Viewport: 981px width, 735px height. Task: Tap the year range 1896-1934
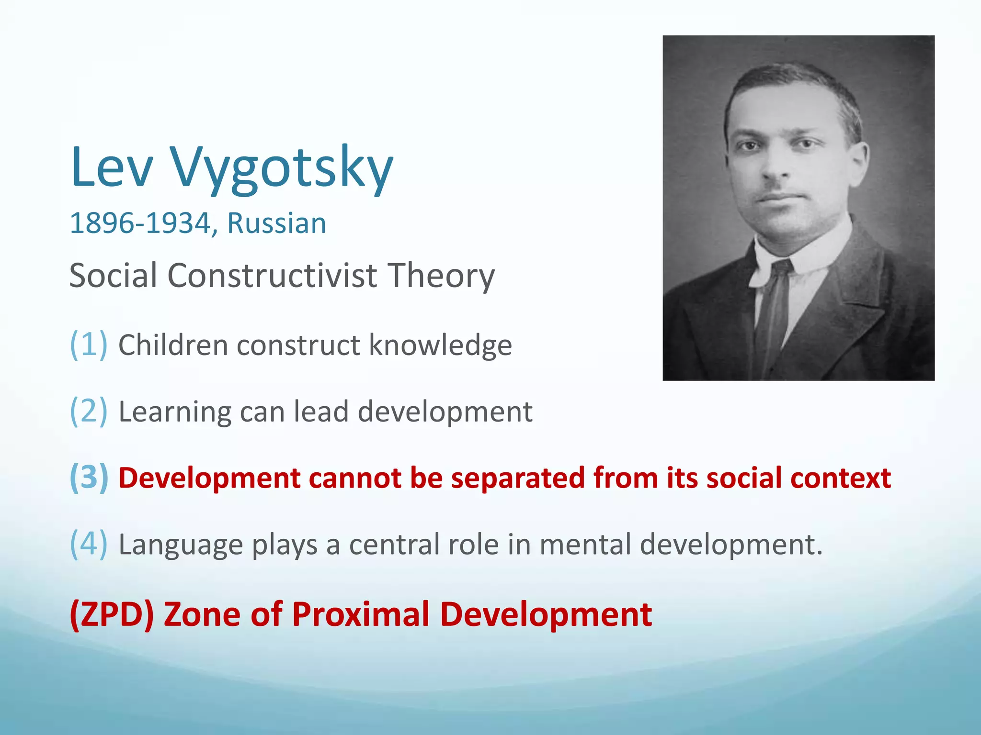(140, 223)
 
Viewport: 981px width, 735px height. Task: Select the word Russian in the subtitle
(276, 223)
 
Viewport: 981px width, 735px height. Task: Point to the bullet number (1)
(89, 344)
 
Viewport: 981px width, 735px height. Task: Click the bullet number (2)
(89, 411)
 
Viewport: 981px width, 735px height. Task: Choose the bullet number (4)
(89, 544)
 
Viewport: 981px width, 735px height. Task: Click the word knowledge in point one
(440, 345)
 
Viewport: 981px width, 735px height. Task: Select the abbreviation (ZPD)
(112, 614)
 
